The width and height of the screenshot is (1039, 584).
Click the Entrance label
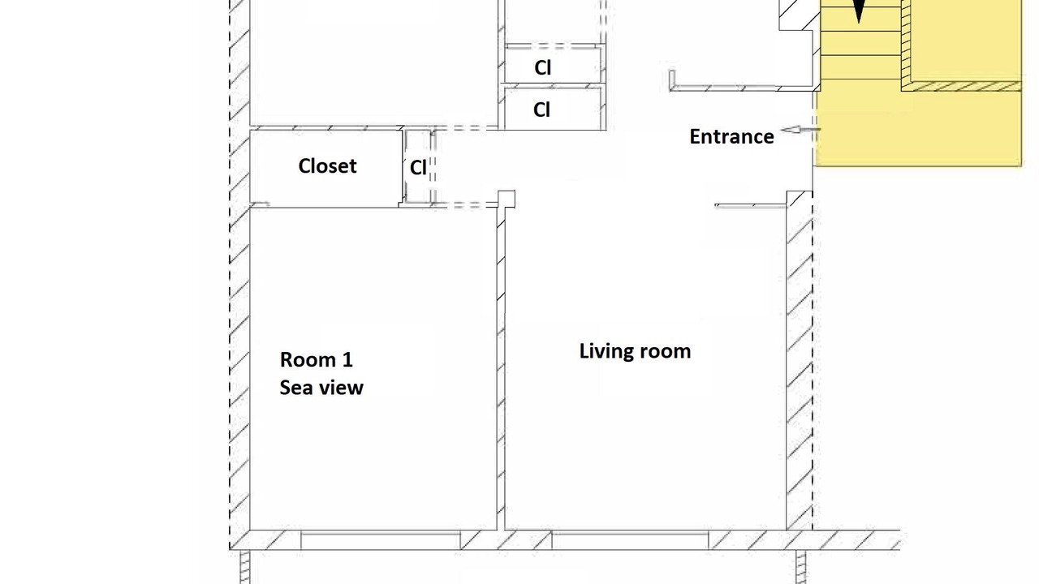(731, 137)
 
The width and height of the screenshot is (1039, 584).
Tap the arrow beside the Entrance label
(800, 130)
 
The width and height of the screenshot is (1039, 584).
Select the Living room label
(635, 351)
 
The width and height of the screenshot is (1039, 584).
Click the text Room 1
(317, 359)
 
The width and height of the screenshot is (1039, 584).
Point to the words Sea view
(321, 388)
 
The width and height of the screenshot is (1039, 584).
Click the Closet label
(327, 166)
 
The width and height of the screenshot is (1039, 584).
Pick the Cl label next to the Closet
(418, 168)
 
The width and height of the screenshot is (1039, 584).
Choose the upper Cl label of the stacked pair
(543, 67)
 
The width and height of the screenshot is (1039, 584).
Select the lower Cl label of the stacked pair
(541, 109)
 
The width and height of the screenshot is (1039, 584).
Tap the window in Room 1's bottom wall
(381, 541)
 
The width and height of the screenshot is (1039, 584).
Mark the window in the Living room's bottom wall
(630, 541)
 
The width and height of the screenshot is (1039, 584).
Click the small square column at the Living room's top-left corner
(507, 199)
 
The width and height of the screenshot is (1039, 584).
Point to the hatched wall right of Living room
(800, 360)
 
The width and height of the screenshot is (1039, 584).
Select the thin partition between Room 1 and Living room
(501, 368)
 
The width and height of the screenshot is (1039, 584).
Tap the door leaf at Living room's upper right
(751, 205)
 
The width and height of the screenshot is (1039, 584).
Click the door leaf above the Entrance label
(722, 87)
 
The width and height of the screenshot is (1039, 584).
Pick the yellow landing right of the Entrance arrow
(918, 128)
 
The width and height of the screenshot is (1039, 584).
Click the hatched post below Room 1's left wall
(245, 567)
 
